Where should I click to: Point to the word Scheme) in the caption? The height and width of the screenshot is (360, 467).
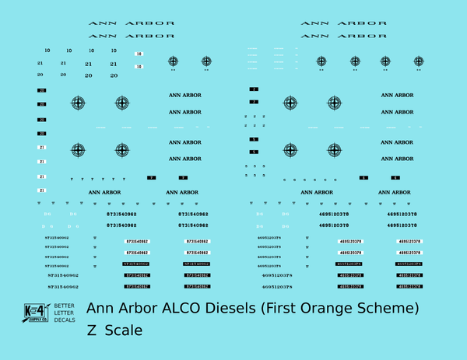[x=390, y=309]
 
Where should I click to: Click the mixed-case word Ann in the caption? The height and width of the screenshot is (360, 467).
[x=101, y=309]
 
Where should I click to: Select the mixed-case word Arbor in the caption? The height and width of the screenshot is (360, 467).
[x=139, y=309]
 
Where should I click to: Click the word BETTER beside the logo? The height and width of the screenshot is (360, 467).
[x=64, y=306]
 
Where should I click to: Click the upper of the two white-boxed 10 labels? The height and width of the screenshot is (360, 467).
[x=139, y=54]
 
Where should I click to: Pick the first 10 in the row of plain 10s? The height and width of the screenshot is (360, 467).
[x=47, y=51]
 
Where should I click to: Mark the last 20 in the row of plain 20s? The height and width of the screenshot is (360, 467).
[x=114, y=75]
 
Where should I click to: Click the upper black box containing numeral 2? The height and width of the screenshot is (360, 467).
[x=254, y=90]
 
